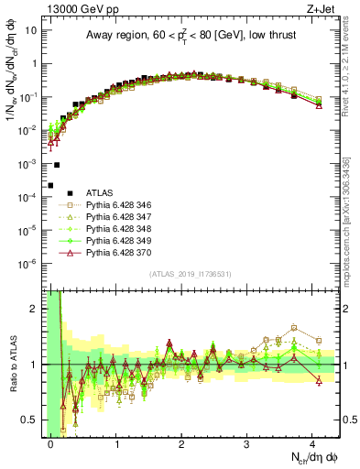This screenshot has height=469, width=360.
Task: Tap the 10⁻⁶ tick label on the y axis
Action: (27, 265)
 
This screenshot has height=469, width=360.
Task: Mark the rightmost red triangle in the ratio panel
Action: (318, 380)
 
